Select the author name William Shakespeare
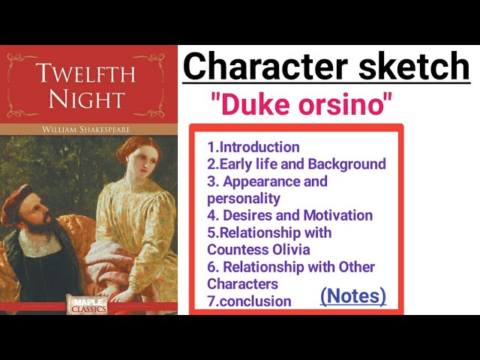click(x=89, y=129)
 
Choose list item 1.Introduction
click(x=253, y=147)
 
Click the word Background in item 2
click(x=349, y=164)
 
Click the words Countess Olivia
click(x=259, y=250)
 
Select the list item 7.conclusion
click(x=250, y=301)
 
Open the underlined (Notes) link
click(x=352, y=295)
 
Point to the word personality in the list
click(x=243, y=199)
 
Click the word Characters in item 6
click(x=242, y=284)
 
